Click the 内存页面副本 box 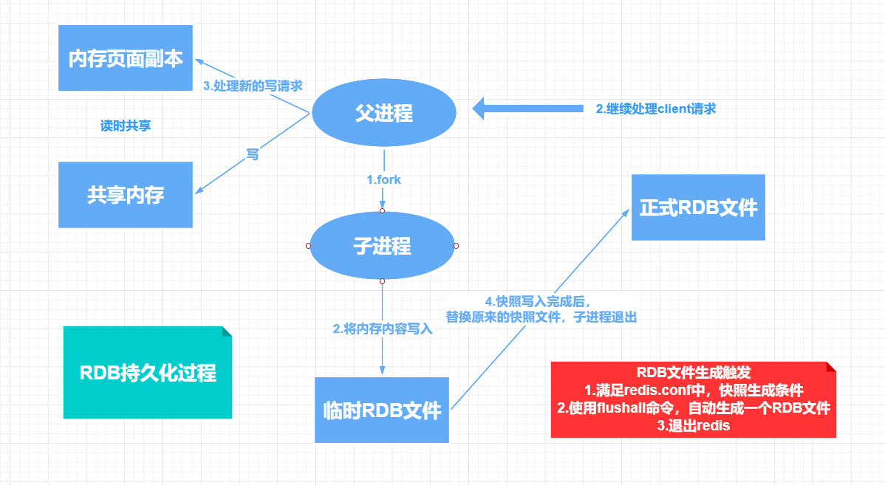coord(126,58)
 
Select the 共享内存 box coord(126,195)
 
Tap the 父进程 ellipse coord(383,113)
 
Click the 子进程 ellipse coord(382,246)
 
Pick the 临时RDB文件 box coord(381,410)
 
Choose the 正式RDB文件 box coord(698,207)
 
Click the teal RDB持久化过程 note coord(148,373)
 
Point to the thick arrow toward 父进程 coord(527,109)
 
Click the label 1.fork coord(384,179)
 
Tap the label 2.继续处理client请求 coord(656,109)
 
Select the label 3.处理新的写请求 coord(253,86)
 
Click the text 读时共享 coord(126,125)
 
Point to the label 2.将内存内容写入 coord(382,329)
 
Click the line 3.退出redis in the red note coord(693,426)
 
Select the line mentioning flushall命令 coord(693,407)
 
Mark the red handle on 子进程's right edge coord(456,245)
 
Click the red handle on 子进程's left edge coord(308,245)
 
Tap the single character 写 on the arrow coord(253,154)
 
